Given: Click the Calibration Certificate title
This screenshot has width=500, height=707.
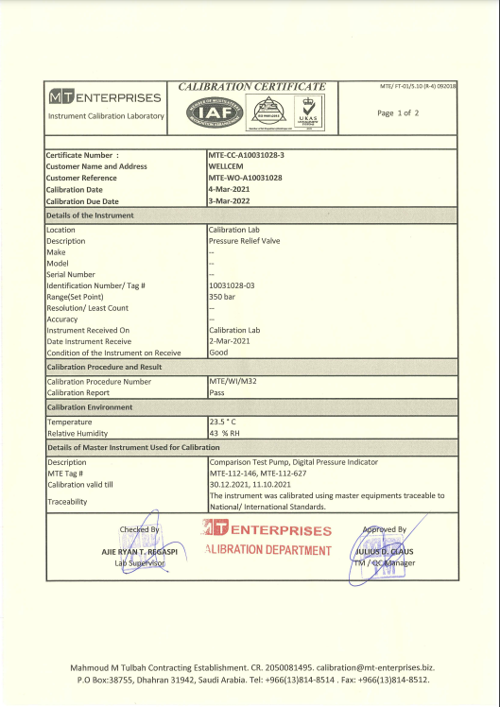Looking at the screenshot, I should pos(251,86).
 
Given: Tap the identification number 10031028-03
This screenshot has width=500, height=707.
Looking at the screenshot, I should pos(232,285).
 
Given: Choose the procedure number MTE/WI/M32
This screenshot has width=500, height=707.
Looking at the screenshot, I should pos(233,381).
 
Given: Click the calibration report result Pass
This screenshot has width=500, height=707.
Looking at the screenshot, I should pos(216,392).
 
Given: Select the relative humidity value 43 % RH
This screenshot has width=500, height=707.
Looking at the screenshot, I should pos(226,433).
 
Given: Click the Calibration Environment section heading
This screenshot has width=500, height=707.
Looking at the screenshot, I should pos(90,407).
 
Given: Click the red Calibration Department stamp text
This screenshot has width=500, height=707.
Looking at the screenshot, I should pos(266,550).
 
